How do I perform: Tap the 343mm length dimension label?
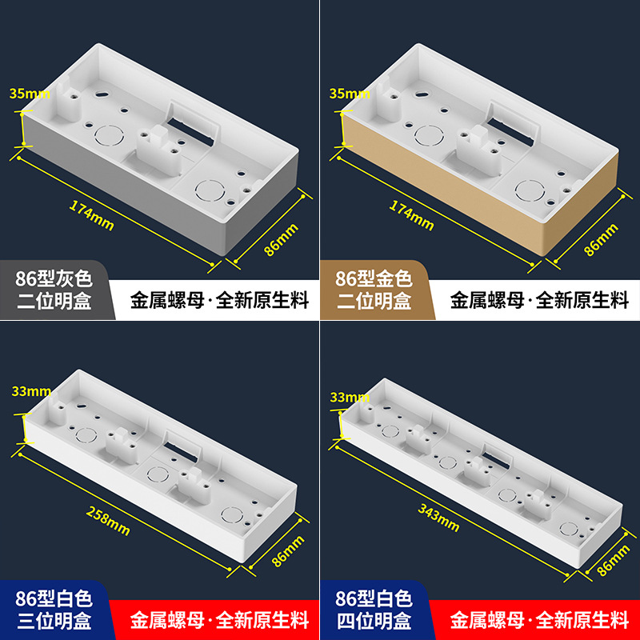438,515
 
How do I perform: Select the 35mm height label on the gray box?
29,93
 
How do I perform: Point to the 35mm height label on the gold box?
349,93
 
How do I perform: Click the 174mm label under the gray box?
91,214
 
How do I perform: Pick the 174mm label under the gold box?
411,214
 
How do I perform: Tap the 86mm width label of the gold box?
601,239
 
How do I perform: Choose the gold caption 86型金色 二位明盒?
374,290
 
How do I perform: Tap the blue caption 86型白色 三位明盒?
54,609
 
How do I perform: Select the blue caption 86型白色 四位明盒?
374,609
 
